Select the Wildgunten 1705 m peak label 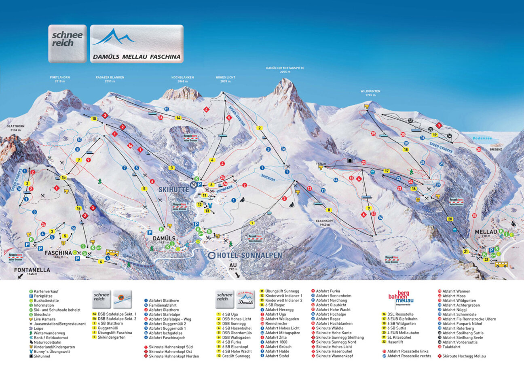(x=370, y=93)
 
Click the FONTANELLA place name (x=27, y=270)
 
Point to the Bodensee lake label (x=480, y=138)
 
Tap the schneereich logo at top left (x=67, y=44)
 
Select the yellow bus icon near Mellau (x=501, y=264)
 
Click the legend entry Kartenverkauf (x=46, y=291)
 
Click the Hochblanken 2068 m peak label (x=183, y=79)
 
